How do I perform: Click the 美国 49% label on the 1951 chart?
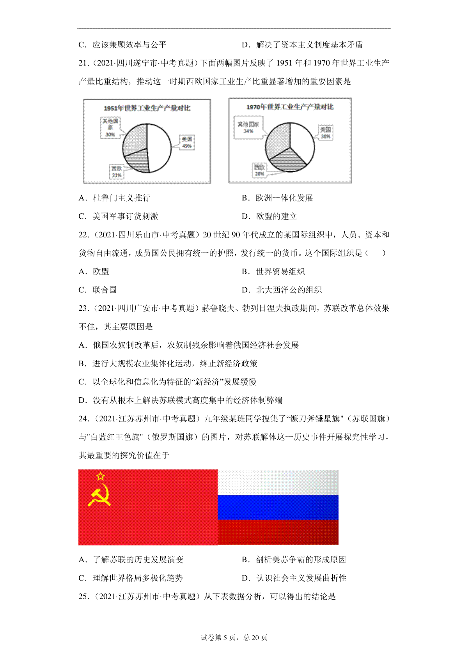[187, 142]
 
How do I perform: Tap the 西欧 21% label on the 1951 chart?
[117, 172]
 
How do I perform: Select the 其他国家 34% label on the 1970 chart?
[248, 127]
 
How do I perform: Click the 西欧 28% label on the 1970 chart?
[260, 170]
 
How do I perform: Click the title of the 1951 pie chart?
[147, 108]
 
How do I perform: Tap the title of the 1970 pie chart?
[290, 107]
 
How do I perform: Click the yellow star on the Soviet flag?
[101, 476]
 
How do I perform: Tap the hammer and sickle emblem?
[100, 495]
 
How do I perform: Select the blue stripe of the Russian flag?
[278, 507]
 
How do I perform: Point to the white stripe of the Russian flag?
[278, 483]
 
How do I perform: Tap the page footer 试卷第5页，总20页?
[234, 637]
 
